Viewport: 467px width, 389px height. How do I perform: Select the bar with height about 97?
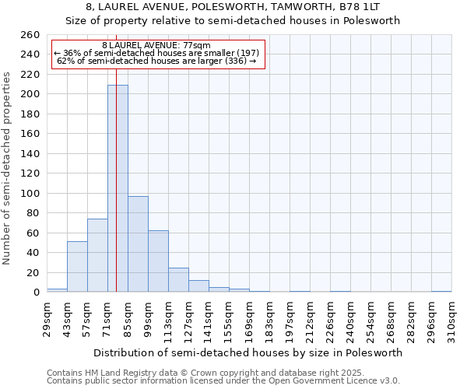click(138, 244)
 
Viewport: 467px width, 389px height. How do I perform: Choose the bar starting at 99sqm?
click(158, 261)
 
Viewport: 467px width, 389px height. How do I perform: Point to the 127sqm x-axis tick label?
click(189, 317)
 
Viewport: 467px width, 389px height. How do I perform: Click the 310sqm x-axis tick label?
click(452, 317)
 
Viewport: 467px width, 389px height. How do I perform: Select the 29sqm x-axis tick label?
click(47, 317)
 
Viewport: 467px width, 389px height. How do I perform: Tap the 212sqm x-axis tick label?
click(311, 317)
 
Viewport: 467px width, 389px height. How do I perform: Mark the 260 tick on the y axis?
click(30, 35)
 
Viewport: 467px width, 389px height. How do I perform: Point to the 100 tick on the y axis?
click(30, 193)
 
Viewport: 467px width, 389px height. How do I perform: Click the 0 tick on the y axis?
click(36, 293)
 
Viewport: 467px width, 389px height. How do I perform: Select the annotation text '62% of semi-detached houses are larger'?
click(157, 61)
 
